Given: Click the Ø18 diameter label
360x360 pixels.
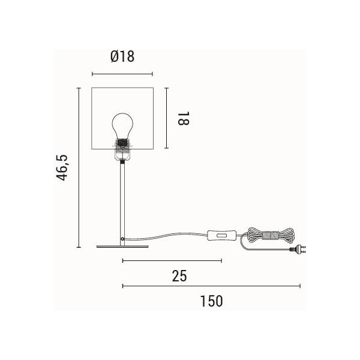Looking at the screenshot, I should pos(122,57).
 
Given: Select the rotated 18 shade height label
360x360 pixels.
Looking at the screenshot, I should pos(183,117).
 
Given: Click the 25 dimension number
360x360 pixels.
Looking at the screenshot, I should pos(179,276).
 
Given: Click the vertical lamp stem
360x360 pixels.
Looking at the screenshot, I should pos(122,198).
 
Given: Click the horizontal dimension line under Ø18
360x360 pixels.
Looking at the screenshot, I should pos(122,74).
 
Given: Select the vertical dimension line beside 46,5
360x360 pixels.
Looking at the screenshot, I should pos(79,168).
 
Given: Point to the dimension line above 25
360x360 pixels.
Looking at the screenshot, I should pos(172,260).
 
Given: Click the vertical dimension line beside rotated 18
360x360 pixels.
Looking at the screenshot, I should pos(165,118).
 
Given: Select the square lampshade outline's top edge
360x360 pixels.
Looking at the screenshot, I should pos(122,88).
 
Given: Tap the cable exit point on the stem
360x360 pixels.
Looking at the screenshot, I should pos(124,239).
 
